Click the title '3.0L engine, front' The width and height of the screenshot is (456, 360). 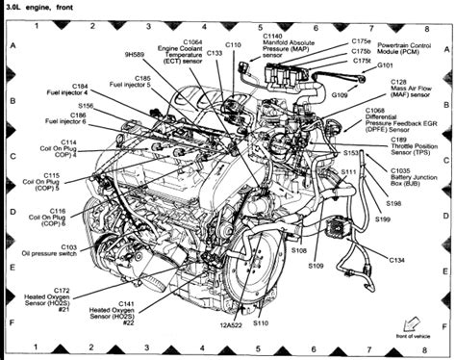point(38,7)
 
